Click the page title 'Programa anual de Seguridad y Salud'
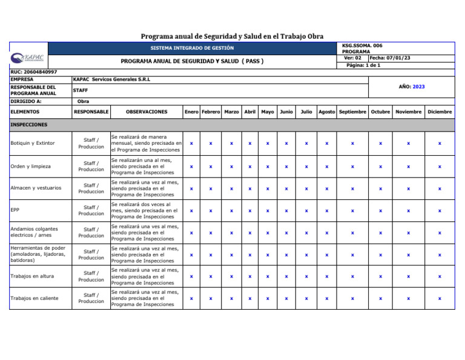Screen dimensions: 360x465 pyautogui.click(x=232, y=36)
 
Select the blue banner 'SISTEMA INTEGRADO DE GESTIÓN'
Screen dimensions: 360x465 pyautogui.click(x=192, y=48)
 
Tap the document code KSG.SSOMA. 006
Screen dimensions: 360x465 pyautogui.click(x=362, y=45)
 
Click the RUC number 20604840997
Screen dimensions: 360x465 pyautogui.click(x=34, y=72)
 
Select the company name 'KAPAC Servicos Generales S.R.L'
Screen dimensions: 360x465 pyautogui.click(x=111, y=79)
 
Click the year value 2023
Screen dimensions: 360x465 pyautogui.click(x=418, y=87)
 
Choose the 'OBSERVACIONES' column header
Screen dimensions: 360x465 pyautogui.click(x=147, y=112)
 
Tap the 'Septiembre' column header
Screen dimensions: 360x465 pyautogui.click(x=352, y=112)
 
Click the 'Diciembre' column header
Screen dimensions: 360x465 pyautogui.click(x=440, y=112)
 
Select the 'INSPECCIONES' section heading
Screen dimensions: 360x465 pyautogui.click(x=29, y=125)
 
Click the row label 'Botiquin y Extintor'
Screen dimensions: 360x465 pyautogui.click(x=33, y=144)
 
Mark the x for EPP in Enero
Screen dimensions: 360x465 pyautogui.click(x=191, y=211)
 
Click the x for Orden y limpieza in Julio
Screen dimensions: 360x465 pyautogui.click(x=306, y=166)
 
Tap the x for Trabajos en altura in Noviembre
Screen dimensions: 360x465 pyautogui.click(x=408, y=276)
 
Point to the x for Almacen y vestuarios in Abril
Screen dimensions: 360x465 pyautogui.click(x=249, y=188)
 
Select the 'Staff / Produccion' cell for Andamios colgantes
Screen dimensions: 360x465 pyautogui.click(x=91, y=233)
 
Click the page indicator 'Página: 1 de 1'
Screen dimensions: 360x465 pyautogui.click(x=363, y=65)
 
